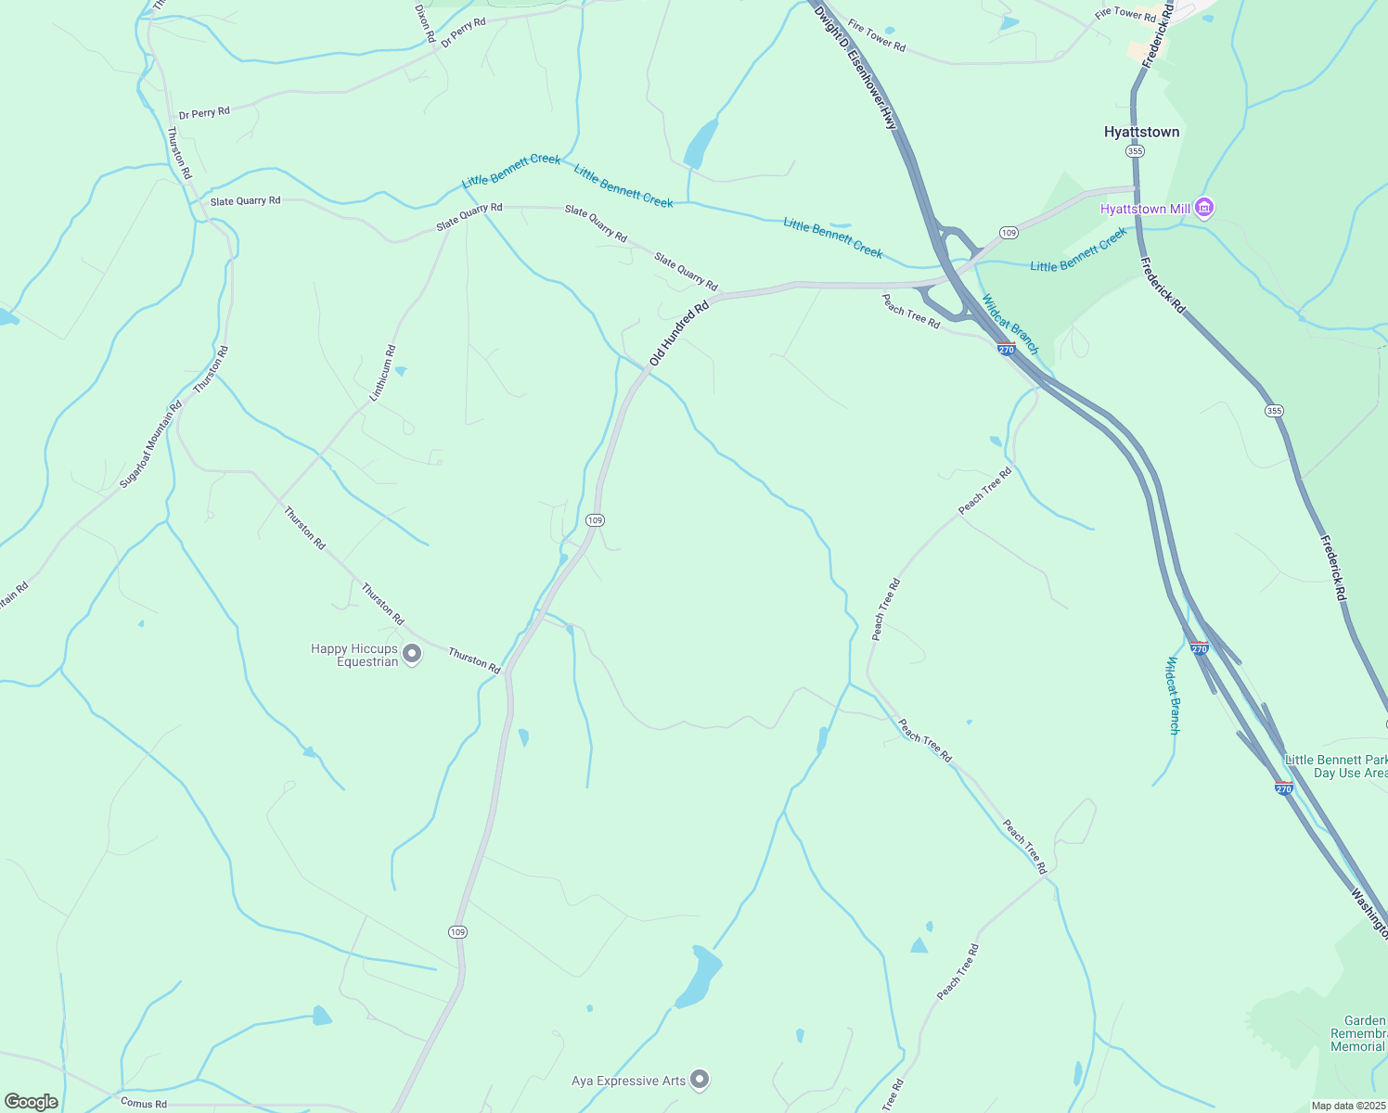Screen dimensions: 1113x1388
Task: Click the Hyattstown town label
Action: (1141, 132)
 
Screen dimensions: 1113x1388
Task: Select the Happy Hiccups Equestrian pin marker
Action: (413, 655)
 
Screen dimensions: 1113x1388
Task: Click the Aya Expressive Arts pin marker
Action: (700, 1079)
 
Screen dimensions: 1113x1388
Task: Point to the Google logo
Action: (31, 1102)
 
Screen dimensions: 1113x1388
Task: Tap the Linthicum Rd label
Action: (382, 374)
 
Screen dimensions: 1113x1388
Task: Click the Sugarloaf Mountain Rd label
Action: (151, 444)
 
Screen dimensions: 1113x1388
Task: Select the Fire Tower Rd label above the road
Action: (876, 36)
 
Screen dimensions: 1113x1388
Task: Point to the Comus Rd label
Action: (144, 1104)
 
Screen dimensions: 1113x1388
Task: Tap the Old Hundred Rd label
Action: (679, 332)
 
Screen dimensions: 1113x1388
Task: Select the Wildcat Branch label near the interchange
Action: (1010, 324)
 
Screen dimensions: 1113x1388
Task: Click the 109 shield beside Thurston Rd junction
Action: (596, 520)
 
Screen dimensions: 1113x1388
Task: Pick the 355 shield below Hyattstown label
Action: (1135, 151)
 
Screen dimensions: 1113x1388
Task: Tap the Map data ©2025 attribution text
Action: (1347, 1106)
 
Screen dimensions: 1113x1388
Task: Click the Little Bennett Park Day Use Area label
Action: (1337, 766)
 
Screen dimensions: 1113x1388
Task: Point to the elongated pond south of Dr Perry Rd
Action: (700, 144)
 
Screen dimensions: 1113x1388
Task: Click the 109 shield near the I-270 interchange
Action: (1009, 232)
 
